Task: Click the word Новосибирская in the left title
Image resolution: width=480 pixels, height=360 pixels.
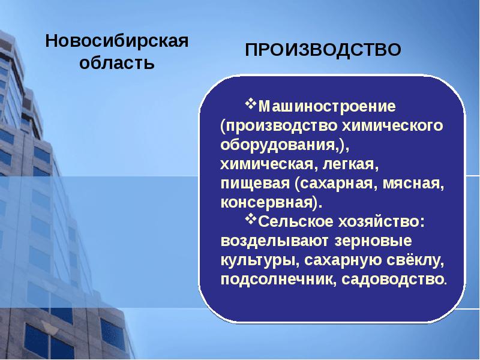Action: coord(118,42)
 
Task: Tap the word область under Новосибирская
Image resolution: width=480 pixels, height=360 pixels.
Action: coord(118,63)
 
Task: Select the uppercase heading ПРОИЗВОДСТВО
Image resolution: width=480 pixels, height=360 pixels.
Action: coord(323,50)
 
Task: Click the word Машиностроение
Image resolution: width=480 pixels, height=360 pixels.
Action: coord(327,107)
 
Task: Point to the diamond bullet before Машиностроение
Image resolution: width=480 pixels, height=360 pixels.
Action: coord(251,104)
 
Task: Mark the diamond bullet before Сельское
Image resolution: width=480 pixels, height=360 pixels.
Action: coord(251,220)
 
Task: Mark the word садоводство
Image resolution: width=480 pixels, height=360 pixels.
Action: coord(394,280)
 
